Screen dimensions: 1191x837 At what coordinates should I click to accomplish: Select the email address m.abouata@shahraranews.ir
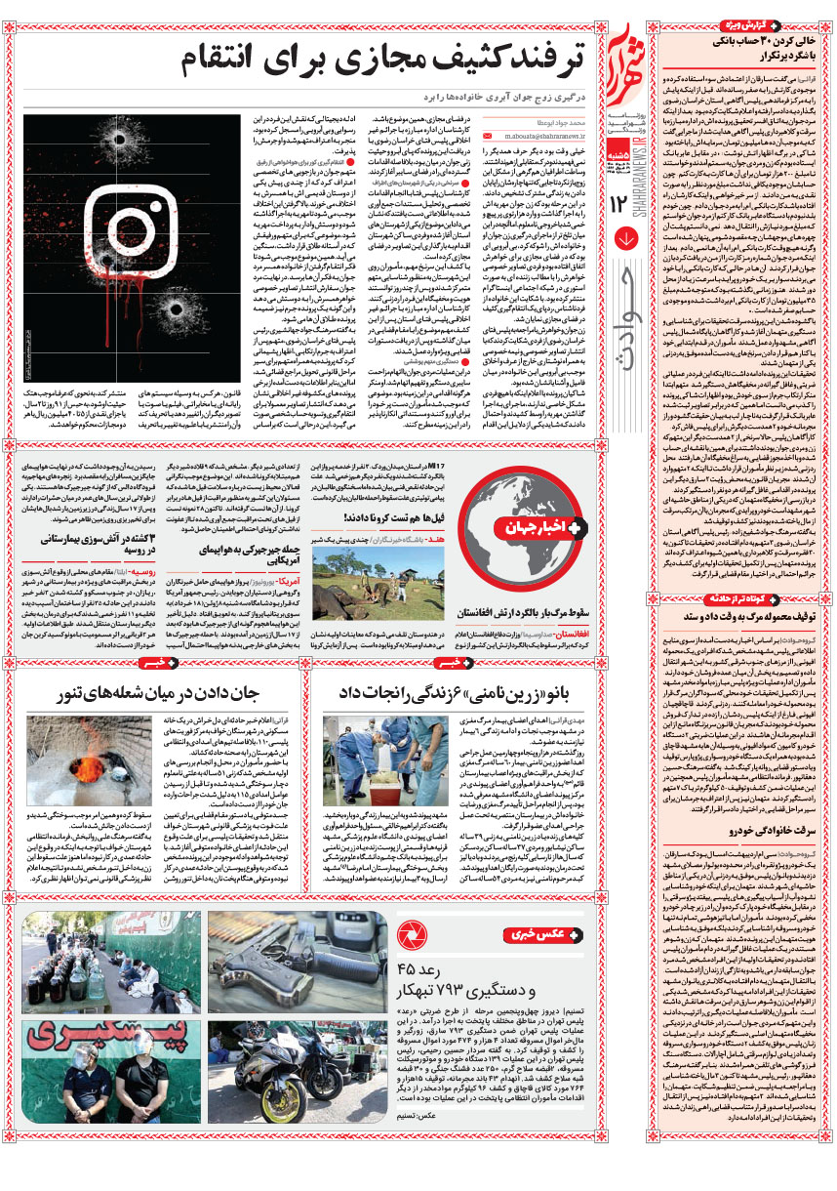[x=545, y=139]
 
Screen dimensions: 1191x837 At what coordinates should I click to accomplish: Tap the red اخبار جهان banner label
[x=536, y=529]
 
